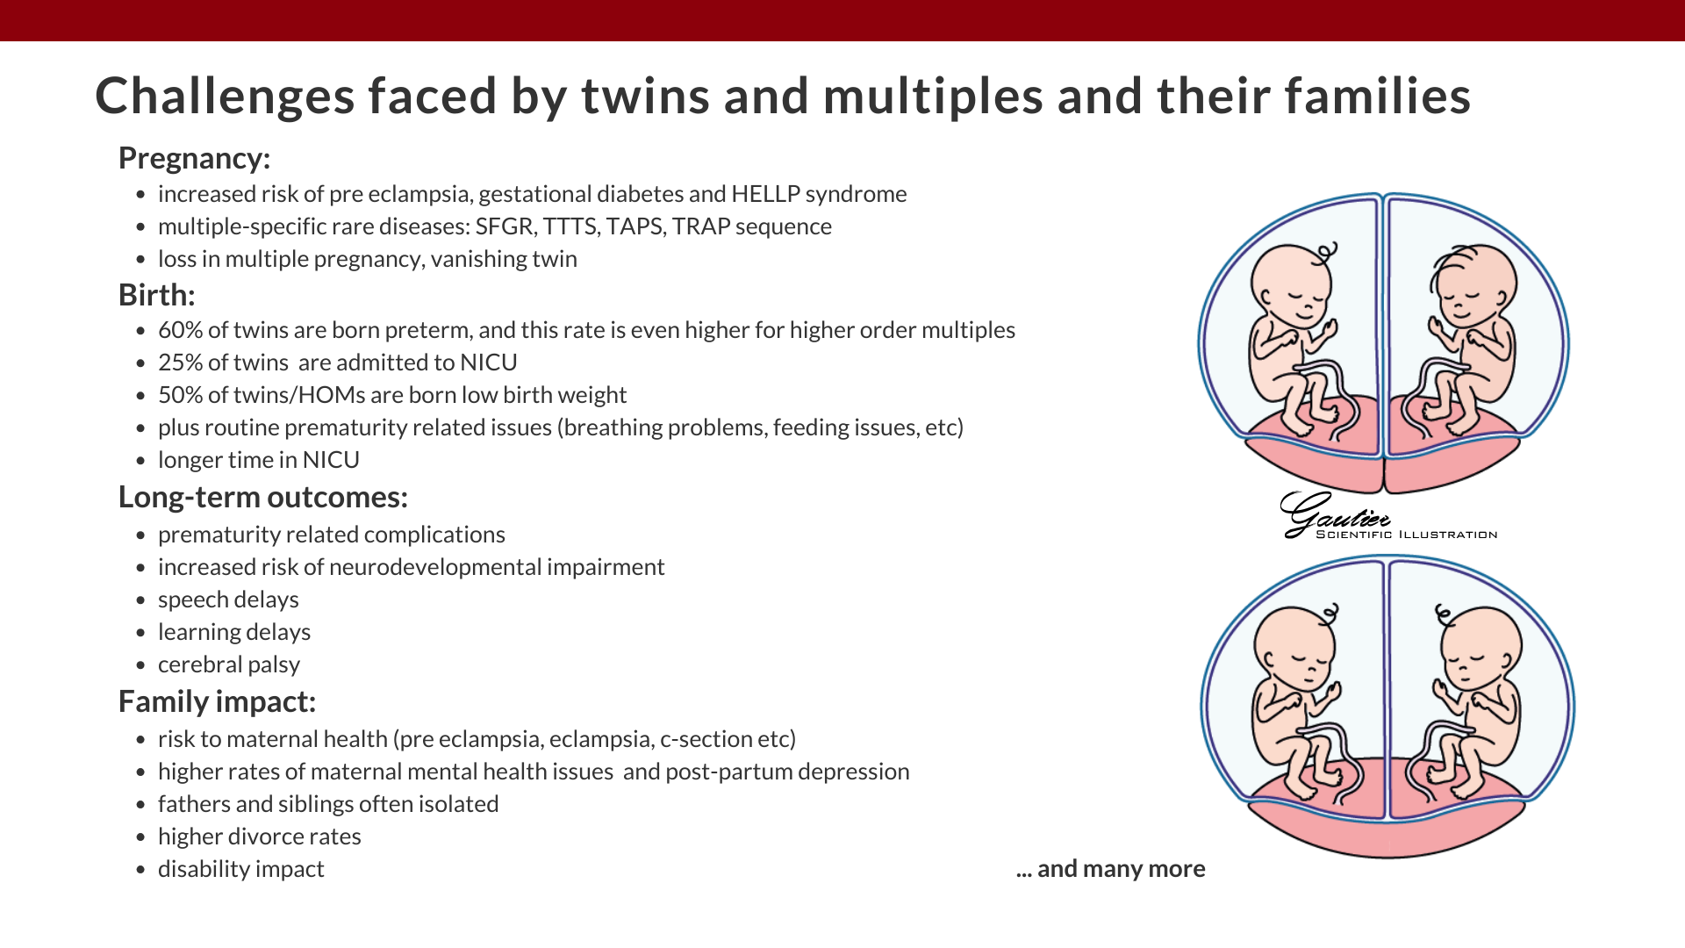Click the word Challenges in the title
225,96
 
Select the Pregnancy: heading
194,159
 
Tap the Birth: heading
156,295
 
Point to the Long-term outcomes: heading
263,498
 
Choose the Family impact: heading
217,702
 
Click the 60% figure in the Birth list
181,330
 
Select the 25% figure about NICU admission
180,363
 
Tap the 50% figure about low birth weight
181,395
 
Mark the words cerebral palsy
229,665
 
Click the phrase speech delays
228,600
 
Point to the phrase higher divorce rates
260,837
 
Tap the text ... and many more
1111,869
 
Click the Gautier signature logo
1334,513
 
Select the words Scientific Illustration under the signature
1407,535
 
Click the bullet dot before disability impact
141,870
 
